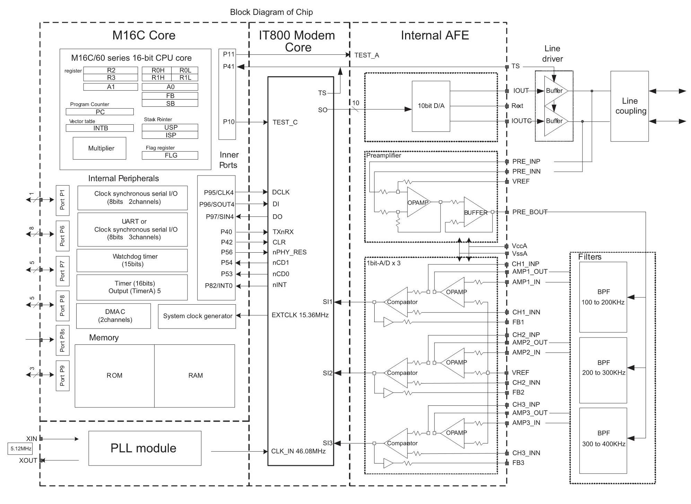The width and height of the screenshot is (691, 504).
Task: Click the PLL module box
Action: point(145,448)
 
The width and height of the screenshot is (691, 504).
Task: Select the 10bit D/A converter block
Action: point(431,106)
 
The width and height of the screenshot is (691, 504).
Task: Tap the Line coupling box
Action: point(629,106)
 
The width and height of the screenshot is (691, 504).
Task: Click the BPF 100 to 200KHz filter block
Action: point(603,297)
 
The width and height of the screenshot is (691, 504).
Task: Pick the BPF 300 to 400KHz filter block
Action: point(603,440)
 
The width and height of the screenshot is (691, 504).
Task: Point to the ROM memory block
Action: point(115,376)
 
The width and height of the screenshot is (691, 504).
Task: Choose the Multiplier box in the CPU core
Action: point(99,148)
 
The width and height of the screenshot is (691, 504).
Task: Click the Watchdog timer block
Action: point(132,260)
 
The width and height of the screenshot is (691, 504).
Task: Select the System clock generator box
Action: point(197,316)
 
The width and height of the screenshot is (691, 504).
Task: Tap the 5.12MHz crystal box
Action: point(20,449)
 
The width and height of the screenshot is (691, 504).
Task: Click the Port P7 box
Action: point(62,271)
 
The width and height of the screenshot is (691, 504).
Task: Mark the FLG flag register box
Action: point(170,155)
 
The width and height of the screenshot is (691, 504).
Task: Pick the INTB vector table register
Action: point(100,128)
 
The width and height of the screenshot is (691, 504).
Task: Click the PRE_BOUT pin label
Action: point(530,212)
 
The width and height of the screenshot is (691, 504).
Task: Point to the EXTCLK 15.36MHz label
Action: point(300,315)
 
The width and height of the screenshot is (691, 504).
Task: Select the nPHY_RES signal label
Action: point(289,252)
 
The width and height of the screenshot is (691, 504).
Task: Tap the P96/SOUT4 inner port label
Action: point(217,204)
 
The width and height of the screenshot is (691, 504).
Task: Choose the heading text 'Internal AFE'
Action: point(435,35)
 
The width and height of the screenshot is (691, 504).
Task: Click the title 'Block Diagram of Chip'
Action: point(271,12)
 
